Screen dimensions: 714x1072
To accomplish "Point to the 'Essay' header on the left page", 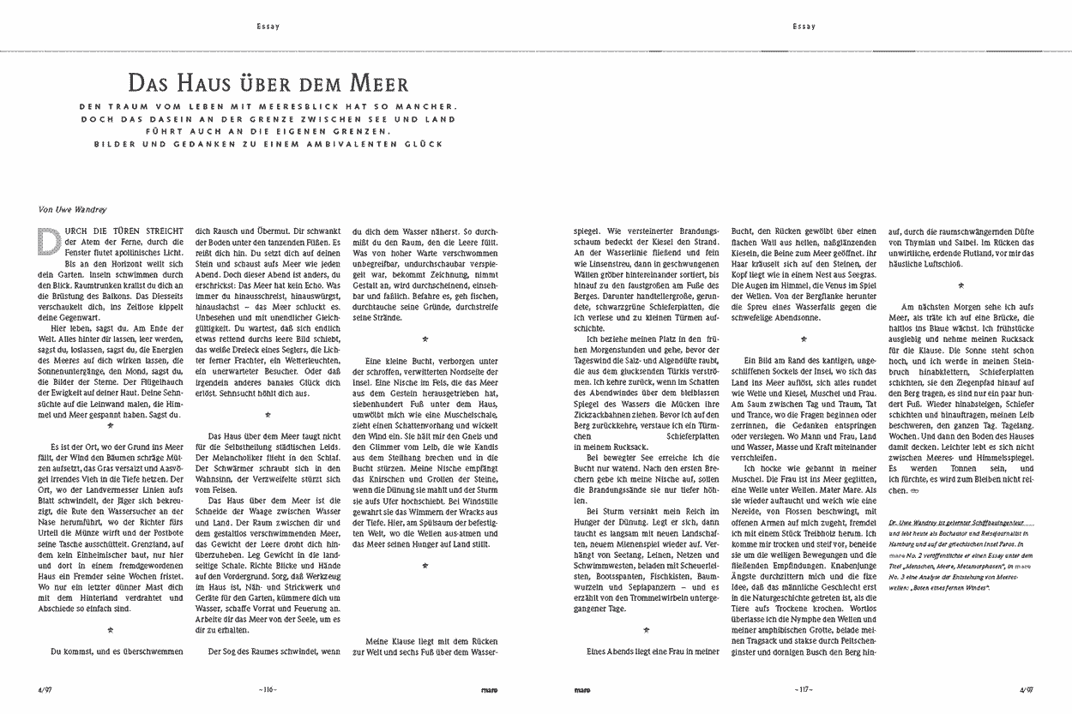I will click(268, 26).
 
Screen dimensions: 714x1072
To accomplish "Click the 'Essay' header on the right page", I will click(804, 26).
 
